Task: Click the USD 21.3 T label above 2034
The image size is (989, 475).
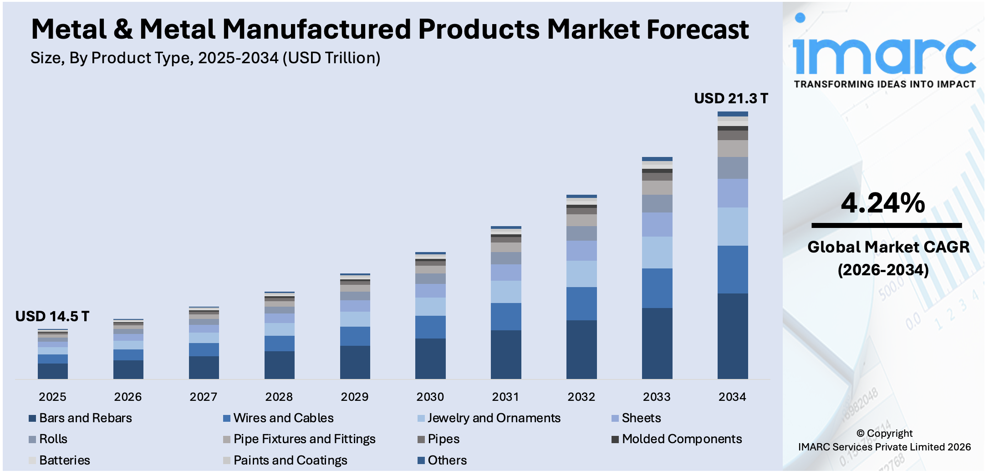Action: click(x=730, y=98)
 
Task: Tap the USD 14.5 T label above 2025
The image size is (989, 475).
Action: click(x=52, y=316)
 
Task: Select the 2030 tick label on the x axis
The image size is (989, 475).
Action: click(x=430, y=397)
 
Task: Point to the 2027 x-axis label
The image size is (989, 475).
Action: click(x=203, y=397)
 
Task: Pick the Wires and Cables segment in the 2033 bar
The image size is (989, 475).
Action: click(x=657, y=288)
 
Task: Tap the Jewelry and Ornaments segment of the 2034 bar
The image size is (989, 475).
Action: click(x=732, y=227)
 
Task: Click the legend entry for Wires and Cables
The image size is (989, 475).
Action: click(x=283, y=418)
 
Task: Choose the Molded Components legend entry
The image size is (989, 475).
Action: click(x=681, y=439)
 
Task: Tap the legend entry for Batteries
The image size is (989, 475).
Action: click(x=64, y=460)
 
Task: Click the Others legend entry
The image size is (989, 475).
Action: click(x=447, y=460)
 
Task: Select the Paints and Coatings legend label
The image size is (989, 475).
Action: click(x=290, y=460)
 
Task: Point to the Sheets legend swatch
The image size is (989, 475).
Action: click(x=615, y=418)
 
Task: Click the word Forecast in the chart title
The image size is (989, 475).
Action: click(x=697, y=30)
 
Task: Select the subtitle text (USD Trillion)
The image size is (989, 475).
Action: click(x=331, y=58)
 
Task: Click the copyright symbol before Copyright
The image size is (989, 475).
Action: click(x=860, y=434)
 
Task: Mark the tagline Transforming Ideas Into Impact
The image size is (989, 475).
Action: click(x=884, y=84)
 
